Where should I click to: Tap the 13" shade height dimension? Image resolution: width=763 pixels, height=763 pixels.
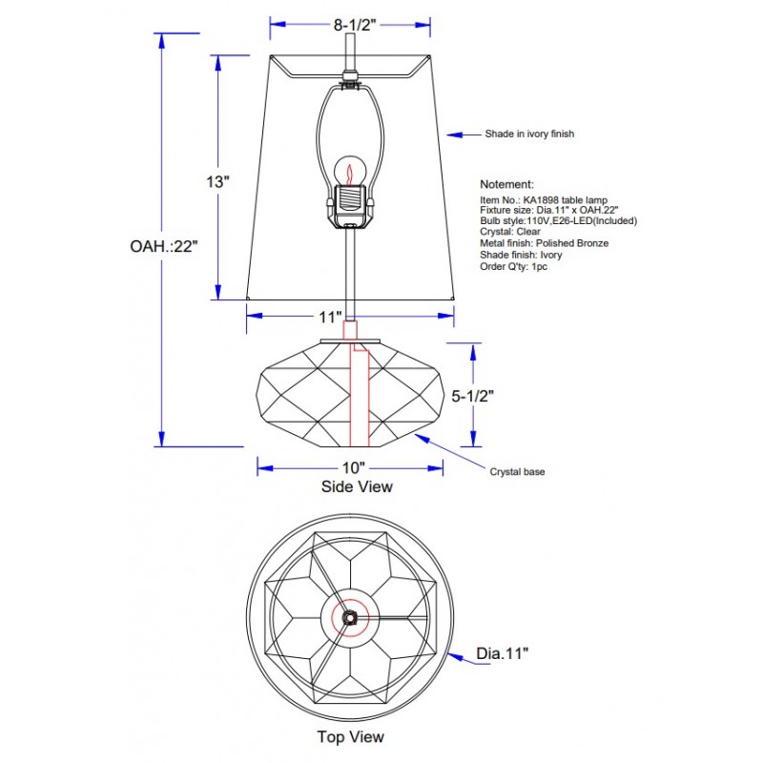tap(218, 181)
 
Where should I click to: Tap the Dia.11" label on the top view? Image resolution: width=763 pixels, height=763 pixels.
tap(503, 653)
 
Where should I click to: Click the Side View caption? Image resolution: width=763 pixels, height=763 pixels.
tap(356, 486)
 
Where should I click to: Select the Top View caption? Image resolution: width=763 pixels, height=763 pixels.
tap(351, 736)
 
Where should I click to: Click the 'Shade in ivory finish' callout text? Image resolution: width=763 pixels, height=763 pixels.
tap(529, 134)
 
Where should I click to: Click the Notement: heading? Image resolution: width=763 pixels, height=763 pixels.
tap(506, 184)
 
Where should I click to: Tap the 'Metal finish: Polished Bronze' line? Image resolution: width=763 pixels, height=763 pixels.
tap(544, 243)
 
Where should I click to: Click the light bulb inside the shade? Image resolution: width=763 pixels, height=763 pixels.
tap(350, 174)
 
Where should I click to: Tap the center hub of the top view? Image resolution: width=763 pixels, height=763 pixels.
tap(350, 616)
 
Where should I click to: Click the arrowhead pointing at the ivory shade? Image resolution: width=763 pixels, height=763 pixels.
tap(455, 134)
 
